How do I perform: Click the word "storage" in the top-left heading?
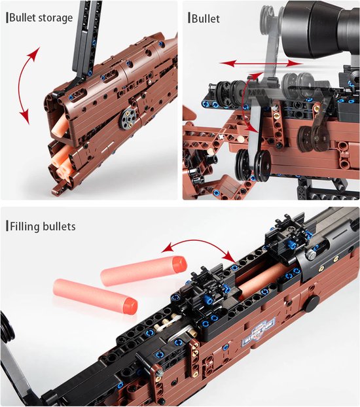[56, 18]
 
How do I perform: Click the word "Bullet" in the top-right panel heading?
[206, 18]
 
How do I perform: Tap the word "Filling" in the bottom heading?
[24, 226]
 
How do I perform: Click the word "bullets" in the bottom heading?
[59, 226]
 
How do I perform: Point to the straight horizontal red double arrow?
[261, 63]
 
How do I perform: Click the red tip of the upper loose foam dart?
[180, 264]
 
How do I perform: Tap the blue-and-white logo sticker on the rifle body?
[259, 333]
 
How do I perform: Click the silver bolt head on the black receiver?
[310, 254]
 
